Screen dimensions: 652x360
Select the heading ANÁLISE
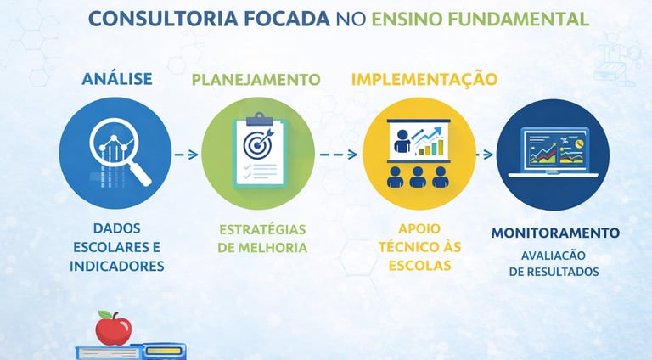pos(117,79)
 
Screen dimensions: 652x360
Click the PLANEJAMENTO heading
pos(256,80)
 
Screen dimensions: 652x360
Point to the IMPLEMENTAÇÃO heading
pos(424,79)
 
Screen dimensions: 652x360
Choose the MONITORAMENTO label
pos(555,233)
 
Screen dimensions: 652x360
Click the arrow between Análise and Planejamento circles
pos(187,155)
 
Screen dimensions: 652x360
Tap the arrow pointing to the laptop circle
pos(486,155)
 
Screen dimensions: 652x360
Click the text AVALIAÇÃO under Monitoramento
pos(554,255)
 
